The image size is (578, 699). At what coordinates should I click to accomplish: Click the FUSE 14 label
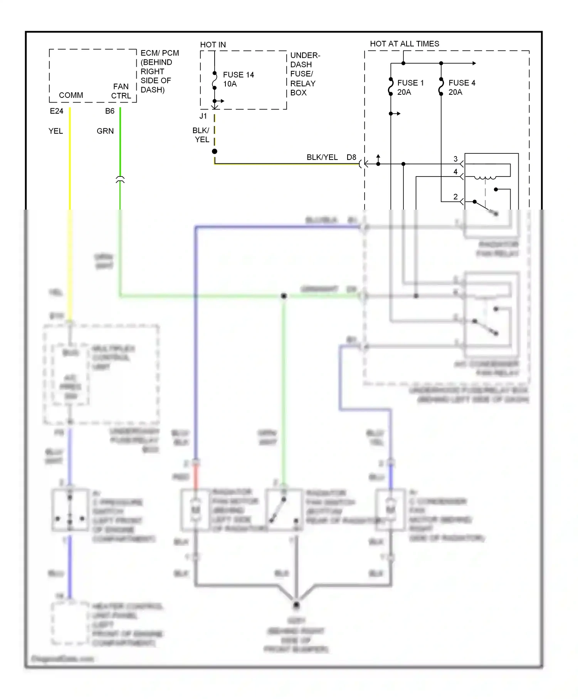tap(238, 75)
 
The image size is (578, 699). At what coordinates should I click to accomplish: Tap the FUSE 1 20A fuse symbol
tap(391, 87)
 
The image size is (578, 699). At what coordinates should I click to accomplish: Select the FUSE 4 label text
tap(462, 83)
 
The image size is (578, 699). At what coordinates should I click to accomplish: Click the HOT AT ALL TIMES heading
tap(404, 44)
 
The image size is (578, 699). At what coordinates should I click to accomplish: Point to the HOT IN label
tap(213, 45)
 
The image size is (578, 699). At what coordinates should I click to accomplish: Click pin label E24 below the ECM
tap(56, 111)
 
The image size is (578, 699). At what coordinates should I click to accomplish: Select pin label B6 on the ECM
tap(109, 111)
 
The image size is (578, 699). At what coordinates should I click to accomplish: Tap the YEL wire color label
tap(55, 131)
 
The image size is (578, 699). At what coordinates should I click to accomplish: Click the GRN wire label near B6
tap(105, 131)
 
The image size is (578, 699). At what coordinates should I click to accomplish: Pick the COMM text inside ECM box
tap(71, 95)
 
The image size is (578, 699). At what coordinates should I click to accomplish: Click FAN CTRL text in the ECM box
tap(121, 91)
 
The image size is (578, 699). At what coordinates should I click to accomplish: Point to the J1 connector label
tap(203, 116)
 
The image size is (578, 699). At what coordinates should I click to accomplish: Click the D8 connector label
tap(351, 157)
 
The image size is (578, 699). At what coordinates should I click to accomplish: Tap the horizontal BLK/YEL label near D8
tap(322, 157)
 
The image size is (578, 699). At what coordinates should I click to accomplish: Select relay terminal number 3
tap(455, 159)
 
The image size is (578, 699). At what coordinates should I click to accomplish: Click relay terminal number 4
tap(455, 172)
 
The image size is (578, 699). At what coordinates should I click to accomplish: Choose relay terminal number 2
tap(455, 197)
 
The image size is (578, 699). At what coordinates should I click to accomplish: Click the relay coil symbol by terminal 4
tap(485, 178)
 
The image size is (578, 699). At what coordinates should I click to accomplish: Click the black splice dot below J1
tap(215, 151)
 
